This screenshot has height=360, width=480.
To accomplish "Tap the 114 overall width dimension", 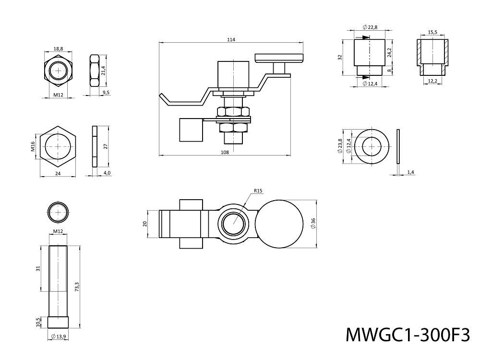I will click(231, 39).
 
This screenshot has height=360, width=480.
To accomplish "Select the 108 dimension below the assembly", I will click(224, 152).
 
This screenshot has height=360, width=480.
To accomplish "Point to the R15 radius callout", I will click(258, 191).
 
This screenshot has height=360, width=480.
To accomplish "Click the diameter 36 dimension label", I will click(313, 223).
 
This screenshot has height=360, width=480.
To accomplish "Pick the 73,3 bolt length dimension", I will click(77, 287).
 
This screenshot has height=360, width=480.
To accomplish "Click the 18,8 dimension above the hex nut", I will click(58, 48).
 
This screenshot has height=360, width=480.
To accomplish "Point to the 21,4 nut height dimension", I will click(103, 70).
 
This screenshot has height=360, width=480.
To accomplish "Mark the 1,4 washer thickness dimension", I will click(410, 171).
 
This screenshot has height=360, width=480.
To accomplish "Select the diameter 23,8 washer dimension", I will click(340, 146).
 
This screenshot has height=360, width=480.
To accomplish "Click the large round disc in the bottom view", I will click(279, 224).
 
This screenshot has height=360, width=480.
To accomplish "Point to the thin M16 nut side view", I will click(95, 146).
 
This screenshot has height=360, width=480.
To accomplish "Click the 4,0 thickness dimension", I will click(107, 173).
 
